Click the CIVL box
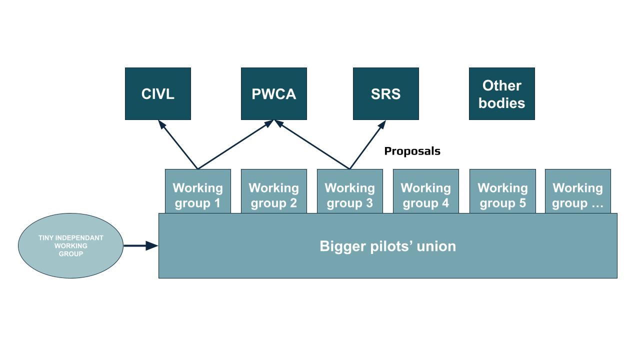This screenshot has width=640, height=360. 157,94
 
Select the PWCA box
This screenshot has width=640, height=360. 273,94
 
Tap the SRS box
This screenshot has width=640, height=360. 385,94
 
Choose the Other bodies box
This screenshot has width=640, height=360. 501,94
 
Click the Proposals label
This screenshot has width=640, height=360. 412,151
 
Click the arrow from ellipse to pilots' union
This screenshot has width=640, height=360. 140,245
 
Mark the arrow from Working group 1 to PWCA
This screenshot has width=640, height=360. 235,145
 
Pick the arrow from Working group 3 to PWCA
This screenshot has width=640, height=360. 312,145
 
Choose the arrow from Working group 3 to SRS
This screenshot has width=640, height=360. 367,145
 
